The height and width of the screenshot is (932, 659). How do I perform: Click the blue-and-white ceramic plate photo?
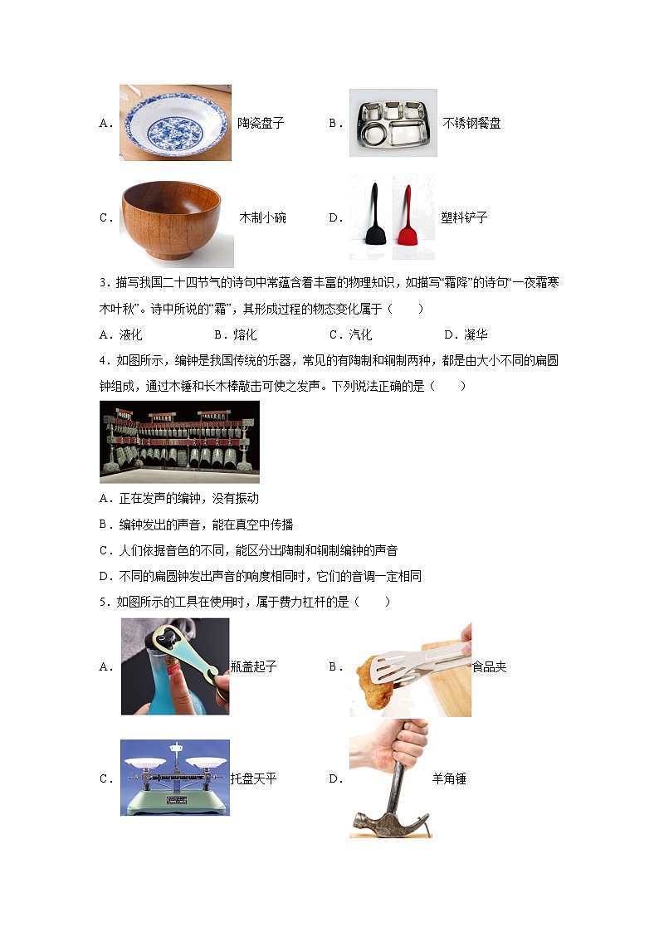175,123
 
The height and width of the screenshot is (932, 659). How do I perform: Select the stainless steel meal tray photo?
393,123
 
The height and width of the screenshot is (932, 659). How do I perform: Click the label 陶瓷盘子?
261,123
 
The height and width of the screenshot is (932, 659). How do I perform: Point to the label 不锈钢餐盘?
471,123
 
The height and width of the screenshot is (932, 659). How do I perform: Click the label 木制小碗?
262,217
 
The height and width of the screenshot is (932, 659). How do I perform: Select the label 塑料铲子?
464,217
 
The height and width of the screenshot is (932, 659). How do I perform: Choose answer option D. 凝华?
466,334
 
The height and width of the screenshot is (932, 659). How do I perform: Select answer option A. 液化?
120,334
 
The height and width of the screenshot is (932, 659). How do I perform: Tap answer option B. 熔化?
236,334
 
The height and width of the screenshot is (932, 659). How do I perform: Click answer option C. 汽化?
350,334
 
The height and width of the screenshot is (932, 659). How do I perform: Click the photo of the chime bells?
179,442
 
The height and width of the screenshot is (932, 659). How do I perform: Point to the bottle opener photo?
175,666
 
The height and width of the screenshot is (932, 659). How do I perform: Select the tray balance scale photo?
174,778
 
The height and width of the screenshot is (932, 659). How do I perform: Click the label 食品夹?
490,667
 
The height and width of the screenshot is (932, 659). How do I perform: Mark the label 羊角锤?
449,778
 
